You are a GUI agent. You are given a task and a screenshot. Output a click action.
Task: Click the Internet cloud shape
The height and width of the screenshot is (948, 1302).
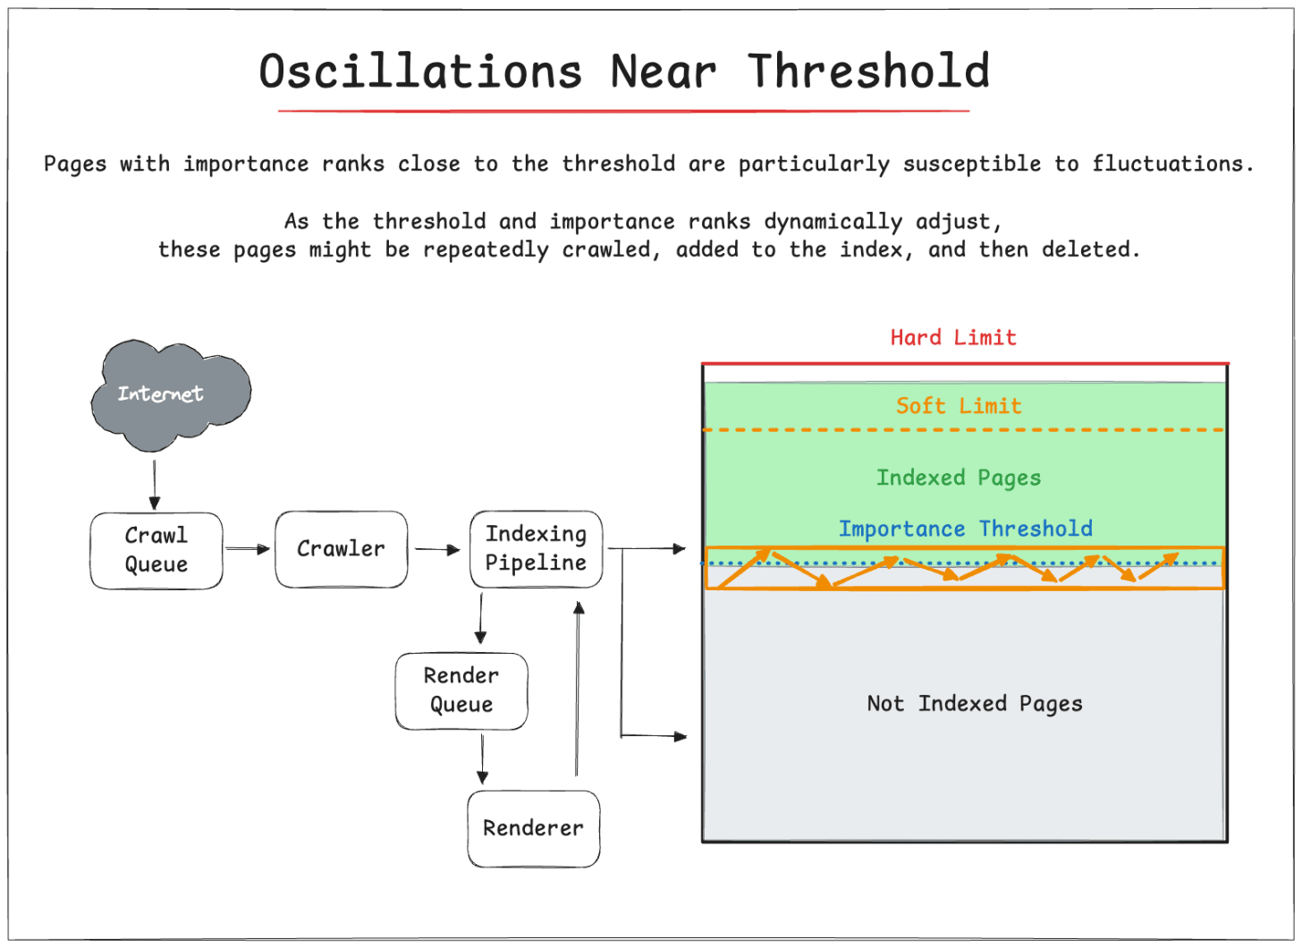pos(170,394)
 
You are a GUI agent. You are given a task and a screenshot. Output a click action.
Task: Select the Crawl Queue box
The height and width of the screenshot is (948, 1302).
pos(156,550)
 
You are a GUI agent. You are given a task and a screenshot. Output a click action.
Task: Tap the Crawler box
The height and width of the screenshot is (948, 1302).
pos(341,549)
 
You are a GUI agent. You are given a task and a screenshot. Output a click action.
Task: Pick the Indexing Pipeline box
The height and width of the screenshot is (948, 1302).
pos(536,548)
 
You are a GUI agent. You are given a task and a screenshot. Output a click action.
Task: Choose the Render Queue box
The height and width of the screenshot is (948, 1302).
pos(461,690)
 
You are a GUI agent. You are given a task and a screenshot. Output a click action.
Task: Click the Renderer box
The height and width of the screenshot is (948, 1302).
pos(533,828)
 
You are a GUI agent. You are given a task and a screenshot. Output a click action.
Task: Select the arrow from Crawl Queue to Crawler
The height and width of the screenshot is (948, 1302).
pos(248,549)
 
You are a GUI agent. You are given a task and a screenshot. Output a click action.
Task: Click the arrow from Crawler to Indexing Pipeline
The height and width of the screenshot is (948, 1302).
pos(437,550)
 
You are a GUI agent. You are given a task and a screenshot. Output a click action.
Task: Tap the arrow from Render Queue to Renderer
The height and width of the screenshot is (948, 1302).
pos(483,758)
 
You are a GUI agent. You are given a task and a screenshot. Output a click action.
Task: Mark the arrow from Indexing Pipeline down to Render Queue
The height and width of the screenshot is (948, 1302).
pos(481,618)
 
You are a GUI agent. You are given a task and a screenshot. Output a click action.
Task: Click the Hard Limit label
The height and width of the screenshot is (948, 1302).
pos(953,338)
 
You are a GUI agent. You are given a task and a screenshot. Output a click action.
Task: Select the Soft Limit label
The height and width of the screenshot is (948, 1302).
pos(959,406)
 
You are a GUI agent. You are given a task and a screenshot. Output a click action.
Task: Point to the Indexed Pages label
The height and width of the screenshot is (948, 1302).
pos(959,478)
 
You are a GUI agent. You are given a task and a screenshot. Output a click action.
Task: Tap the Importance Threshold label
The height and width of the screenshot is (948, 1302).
pos(965,529)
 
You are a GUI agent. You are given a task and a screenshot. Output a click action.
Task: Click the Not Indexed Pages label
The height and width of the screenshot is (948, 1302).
pos(975,704)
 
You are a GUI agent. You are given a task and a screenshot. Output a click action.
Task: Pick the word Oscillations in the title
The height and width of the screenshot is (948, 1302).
pos(420,72)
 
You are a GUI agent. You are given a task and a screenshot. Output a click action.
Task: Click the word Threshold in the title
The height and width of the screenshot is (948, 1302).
pos(869,72)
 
